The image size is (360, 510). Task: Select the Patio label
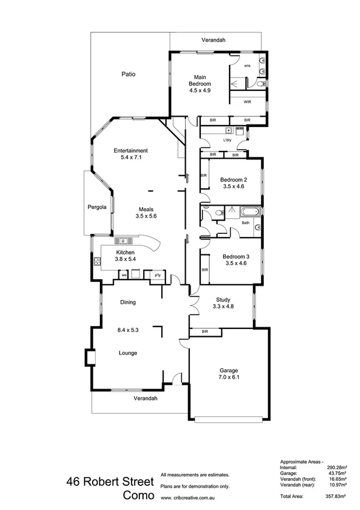[x=127, y=75]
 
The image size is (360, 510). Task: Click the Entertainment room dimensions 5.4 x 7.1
[x=131, y=158]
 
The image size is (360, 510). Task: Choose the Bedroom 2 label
[x=234, y=180]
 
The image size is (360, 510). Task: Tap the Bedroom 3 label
[x=234, y=256]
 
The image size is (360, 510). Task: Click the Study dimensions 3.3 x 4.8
[x=224, y=307]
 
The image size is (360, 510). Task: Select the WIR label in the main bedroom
[x=247, y=102]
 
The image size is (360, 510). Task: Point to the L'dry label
[x=227, y=140]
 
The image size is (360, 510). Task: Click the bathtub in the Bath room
[x=248, y=211]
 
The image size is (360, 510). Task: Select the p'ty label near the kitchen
[x=158, y=275]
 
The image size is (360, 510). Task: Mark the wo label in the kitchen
[x=124, y=275]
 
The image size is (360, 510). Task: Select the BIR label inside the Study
[x=205, y=331]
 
